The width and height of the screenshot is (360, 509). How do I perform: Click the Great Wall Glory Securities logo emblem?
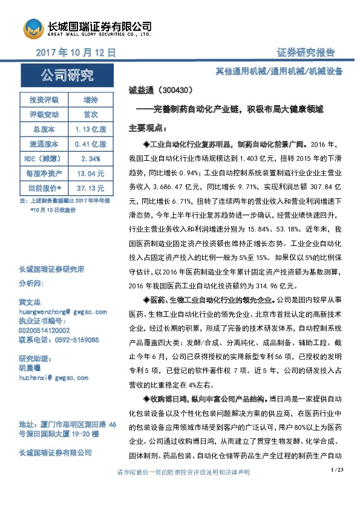tap(34, 28)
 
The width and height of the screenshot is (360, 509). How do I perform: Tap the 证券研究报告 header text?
tap(306, 53)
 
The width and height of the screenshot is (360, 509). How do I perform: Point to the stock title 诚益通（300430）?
tap(161, 90)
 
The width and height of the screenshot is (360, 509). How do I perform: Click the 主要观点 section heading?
tap(147, 129)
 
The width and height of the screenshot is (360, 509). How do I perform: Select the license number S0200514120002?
tap(44, 331)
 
